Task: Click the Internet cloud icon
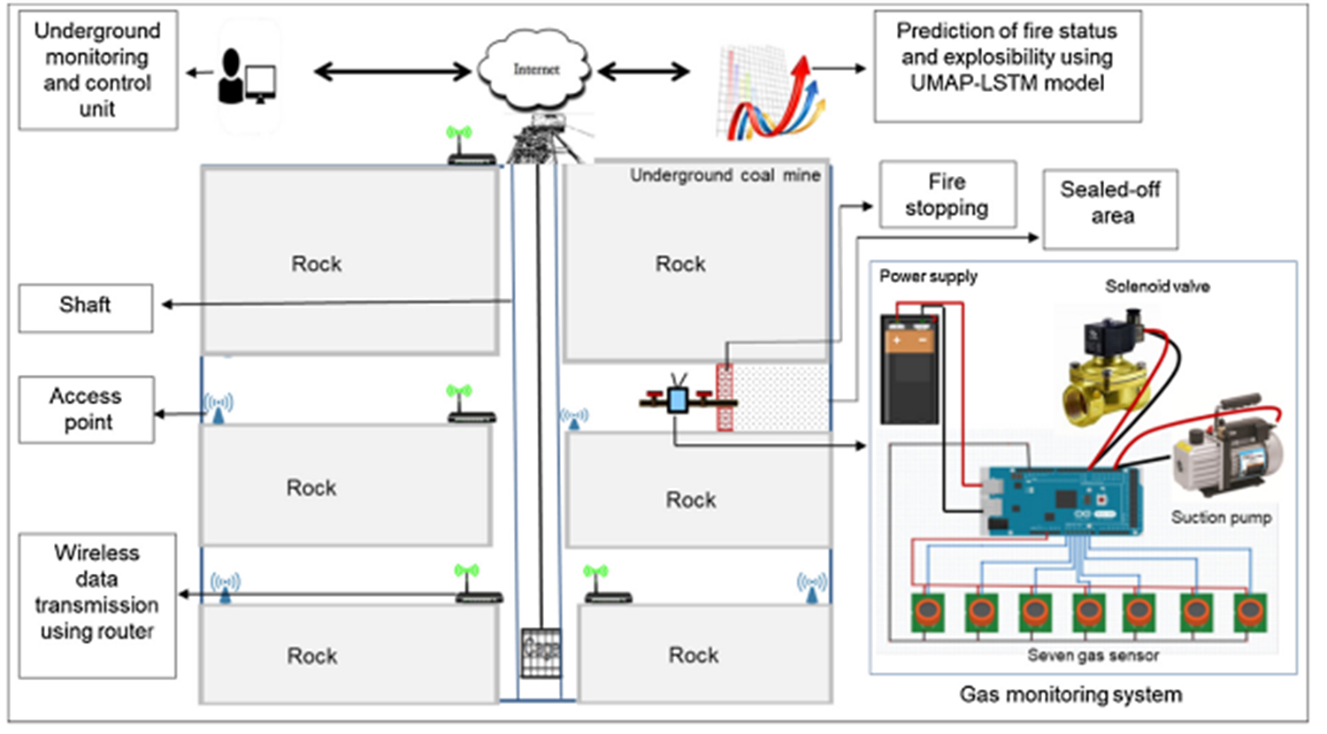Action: pos(535,69)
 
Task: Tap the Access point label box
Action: pos(87,409)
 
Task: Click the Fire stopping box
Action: pos(947,195)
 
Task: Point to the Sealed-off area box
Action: pos(1110,209)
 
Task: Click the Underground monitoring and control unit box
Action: pos(97,70)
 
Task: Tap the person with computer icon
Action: pos(247,78)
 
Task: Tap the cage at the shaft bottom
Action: pos(540,652)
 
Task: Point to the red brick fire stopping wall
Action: pos(725,398)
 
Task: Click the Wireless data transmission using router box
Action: pos(97,605)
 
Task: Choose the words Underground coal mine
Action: pos(725,175)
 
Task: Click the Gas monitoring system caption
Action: pos(1070,694)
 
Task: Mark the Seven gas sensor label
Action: pos(1093,655)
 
